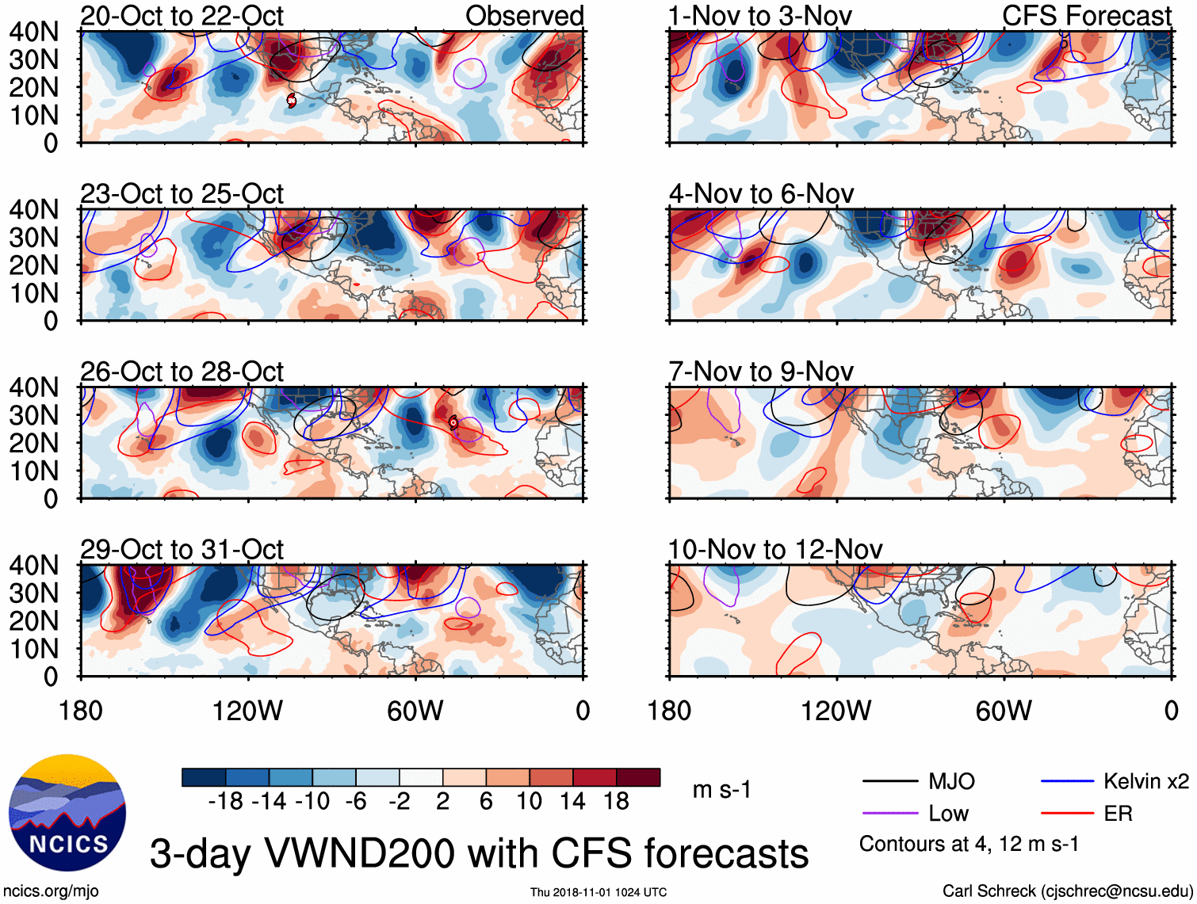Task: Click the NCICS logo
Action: point(67,812)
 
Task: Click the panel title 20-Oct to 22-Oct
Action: point(182,16)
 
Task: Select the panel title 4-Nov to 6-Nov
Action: point(761,193)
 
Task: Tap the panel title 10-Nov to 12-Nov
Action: point(774,549)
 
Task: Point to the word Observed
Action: point(524,16)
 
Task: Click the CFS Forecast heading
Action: point(1086,16)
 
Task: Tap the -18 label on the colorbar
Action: point(225,801)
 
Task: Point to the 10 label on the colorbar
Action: point(529,801)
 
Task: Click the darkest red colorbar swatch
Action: point(638,777)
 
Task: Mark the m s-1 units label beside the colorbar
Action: point(721,790)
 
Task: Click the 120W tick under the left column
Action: point(247,711)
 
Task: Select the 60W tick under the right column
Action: point(1004,711)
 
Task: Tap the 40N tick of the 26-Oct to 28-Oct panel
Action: point(33,387)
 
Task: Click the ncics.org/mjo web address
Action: point(51,891)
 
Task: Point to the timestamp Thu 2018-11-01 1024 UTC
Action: point(598,892)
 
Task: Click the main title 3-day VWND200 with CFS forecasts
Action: point(479,853)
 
